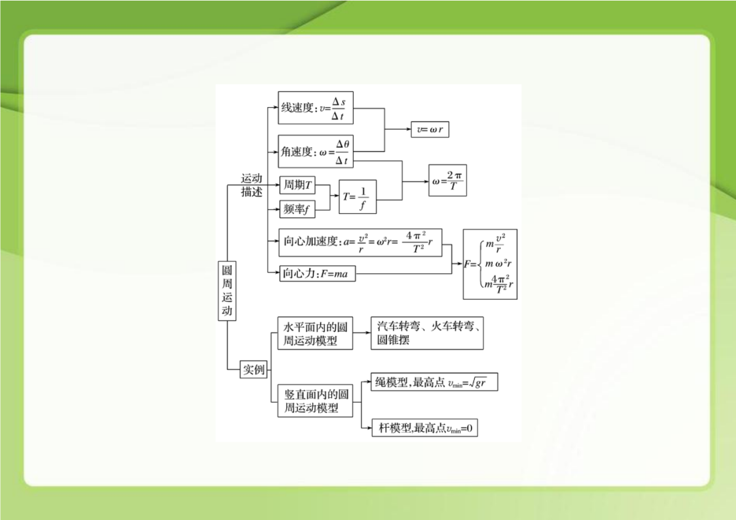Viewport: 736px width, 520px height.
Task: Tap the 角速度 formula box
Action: click(317, 151)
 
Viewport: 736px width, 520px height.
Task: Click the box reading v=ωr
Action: click(430, 129)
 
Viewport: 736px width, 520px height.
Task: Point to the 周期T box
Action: click(297, 185)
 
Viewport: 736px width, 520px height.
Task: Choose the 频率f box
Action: click(296, 210)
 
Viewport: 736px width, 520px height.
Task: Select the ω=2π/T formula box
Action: click(448, 181)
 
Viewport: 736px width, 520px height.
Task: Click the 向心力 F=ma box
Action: click(316, 273)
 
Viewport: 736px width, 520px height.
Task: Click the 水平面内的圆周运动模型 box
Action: click(316, 333)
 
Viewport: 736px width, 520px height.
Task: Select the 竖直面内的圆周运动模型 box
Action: click(316, 401)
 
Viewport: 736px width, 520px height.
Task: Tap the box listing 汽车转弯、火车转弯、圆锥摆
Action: click(427, 333)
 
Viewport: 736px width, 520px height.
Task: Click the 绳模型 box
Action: click(433, 383)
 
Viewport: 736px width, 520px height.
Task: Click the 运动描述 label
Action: click(251, 185)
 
